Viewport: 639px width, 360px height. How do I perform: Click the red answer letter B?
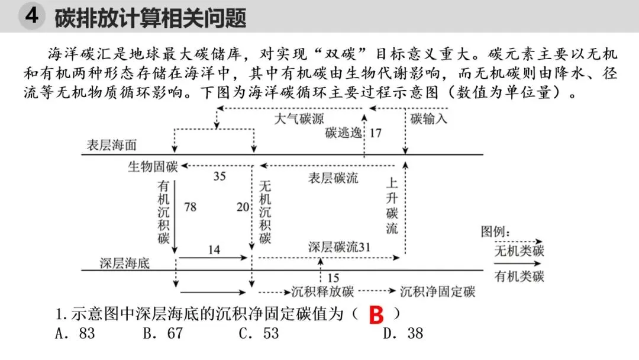(x=376, y=315)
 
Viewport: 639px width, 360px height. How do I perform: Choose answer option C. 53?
(x=259, y=333)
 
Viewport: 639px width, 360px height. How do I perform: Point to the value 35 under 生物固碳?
(x=219, y=176)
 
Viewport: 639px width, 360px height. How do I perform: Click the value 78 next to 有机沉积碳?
(x=190, y=207)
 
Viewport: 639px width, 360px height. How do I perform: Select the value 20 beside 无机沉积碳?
(x=243, y=207)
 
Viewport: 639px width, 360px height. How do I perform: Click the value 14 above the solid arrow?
(x=214, y=250)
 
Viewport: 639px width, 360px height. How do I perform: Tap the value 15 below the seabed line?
(x=333, y=278)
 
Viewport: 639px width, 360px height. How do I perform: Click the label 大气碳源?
(x=299, y=118)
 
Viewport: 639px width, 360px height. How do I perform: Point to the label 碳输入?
(x=429, y=118)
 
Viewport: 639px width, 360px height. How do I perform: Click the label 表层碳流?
(x=333, y=178)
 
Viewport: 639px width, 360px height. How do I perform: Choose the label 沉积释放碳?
(x=322, y=292)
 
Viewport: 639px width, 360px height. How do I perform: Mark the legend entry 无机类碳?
(x=519, y=251)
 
